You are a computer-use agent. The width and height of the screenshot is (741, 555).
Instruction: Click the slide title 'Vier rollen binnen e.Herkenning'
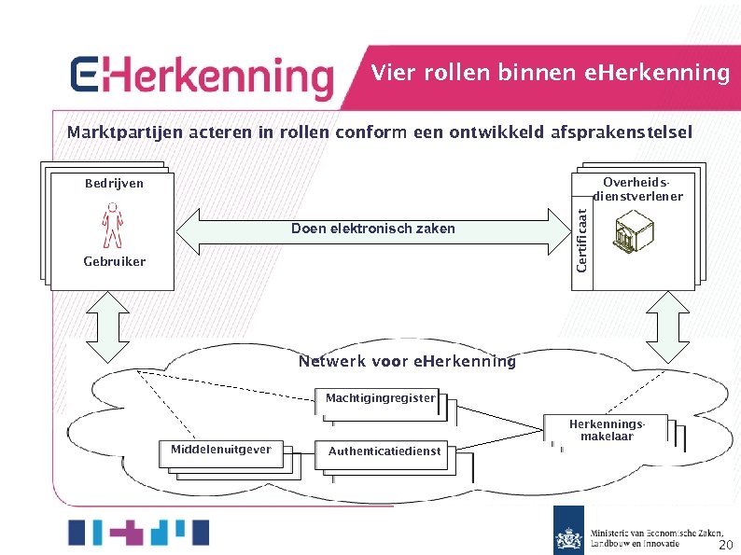[550, 73]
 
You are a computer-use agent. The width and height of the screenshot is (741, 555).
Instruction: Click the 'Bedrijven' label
[114, 184]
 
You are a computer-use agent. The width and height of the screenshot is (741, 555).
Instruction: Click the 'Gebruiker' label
[114, 262]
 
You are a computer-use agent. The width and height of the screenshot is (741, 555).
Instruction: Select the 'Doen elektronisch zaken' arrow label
[372, 229]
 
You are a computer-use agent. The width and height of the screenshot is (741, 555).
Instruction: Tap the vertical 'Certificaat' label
[581, 240]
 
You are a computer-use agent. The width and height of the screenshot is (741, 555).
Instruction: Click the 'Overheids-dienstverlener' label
[637, 189]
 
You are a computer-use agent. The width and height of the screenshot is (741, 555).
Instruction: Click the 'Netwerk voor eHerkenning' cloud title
[407, 362]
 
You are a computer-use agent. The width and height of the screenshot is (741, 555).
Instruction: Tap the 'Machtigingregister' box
[380, 399]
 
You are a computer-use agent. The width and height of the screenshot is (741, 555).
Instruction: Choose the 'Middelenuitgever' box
[221, 451]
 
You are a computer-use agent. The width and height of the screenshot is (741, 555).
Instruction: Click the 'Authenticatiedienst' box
[384, 451]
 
